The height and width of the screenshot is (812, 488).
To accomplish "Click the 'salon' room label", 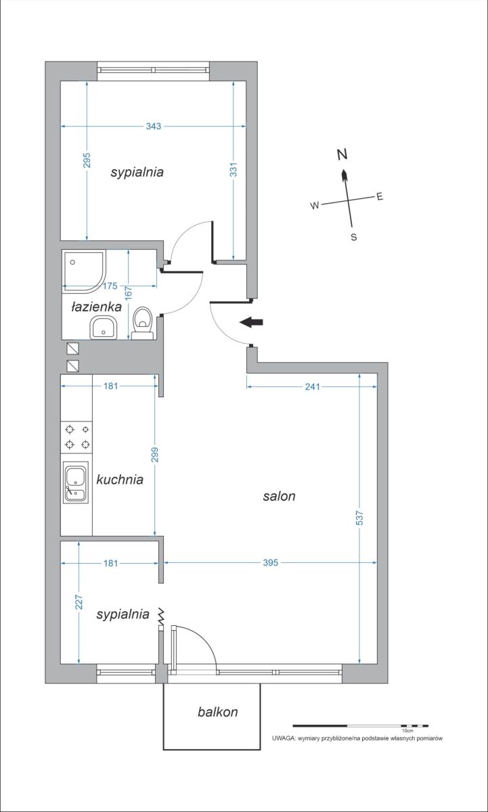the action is point(279,496).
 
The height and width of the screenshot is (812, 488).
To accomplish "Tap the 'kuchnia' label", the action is point(120,480).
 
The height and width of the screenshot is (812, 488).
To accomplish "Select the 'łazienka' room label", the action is point(96,307).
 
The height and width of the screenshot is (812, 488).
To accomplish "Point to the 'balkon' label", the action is point(217,712).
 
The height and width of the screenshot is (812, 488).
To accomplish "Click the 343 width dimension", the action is point(154,126).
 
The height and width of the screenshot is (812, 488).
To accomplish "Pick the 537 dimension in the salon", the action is point(359,518).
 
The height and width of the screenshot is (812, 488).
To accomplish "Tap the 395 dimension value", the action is point(271,562).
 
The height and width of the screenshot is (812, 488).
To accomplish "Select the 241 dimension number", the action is point(312,387).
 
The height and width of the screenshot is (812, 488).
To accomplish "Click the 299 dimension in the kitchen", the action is point(155,455).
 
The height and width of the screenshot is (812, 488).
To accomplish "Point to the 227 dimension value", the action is point(79,602).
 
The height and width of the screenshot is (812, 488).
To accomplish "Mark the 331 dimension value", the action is point(234,169).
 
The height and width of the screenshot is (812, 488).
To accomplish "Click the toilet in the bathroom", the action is point(143,323).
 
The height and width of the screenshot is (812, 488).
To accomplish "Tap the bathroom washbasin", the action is point(104,328).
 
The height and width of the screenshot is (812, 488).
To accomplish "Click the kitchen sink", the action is point(76,482).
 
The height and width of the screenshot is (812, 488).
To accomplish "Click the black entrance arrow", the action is point(251,322).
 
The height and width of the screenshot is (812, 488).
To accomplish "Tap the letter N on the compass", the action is point(342,154).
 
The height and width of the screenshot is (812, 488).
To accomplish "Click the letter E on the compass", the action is point(380,197).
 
